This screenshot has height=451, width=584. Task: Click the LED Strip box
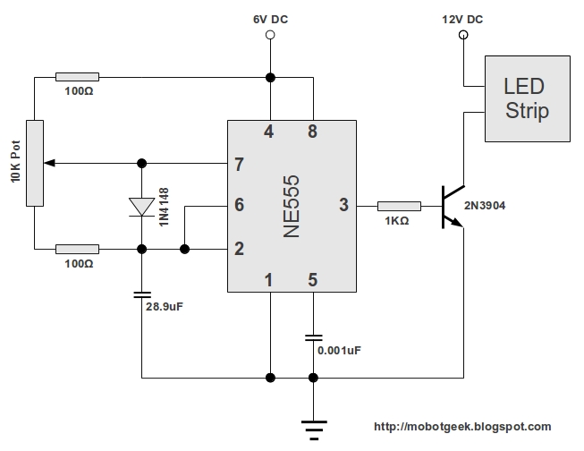(x=526, y=98)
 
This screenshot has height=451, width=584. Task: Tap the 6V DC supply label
(x=269, y=18)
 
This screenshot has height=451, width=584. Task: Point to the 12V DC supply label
(x=462, y=18)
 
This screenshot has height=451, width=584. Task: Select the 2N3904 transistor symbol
(x=451, y=206)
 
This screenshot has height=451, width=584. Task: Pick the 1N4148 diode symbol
(x=142, y=206)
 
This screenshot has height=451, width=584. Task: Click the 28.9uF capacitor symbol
(x=142, y=293)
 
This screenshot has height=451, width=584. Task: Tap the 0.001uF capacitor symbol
(x=312, y=337)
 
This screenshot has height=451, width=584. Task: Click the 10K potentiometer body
(x=34, y=163)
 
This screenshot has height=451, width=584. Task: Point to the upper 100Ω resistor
(x=77, y=77)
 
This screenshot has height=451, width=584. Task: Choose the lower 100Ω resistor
(x=77, y=249)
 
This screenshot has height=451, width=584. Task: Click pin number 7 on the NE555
(x=239, y=164)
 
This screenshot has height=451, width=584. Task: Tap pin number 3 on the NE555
(x=343, y=205)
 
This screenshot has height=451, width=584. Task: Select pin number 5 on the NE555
(x=312, y=279)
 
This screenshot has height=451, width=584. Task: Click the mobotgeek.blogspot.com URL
(x=461, y=427)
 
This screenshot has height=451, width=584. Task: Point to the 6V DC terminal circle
(x=269, y=36)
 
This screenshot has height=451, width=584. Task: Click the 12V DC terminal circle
(x=462, y=36)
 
